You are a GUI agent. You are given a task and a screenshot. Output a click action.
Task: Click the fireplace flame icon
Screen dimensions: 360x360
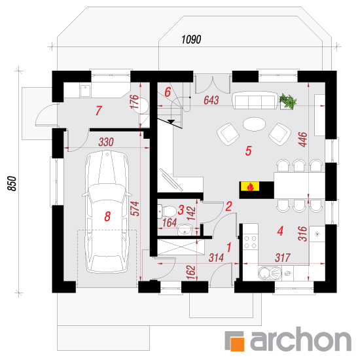coord(250,187)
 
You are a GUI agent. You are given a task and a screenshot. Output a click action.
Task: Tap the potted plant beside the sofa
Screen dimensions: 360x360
coord(287,101)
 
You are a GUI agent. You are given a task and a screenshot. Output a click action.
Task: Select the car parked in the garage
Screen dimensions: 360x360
coord(107,211)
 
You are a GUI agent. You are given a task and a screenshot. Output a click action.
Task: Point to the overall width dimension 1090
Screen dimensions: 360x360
coord(191,39)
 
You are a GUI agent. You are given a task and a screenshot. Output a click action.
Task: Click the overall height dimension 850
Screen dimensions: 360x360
coord(12,183)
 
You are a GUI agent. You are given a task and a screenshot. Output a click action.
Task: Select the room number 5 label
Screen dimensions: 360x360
coord(249,151)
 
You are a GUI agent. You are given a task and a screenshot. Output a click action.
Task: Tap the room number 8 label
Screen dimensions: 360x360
coord(107,216)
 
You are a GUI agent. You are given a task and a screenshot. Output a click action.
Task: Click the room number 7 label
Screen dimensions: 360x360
coord(98,111)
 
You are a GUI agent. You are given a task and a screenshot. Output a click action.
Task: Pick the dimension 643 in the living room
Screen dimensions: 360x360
coord(211,100)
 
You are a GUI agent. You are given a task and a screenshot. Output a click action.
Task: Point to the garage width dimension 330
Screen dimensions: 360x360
coord(106,142)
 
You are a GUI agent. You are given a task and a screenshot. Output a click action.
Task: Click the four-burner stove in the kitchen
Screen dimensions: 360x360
coord(250,242)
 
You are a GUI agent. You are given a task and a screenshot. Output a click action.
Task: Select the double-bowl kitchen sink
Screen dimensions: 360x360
coord(270,273)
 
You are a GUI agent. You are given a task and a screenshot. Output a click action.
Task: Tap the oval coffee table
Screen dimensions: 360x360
coord(254,124)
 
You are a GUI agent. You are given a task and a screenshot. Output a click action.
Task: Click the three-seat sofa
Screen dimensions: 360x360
coord(255,100)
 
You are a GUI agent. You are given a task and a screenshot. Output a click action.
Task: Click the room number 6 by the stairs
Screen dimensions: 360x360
coord(168,92)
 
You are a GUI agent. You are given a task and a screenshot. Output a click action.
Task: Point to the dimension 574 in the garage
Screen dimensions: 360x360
coord(135,208)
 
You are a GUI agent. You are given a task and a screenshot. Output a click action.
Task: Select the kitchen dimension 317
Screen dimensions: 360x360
coord(283,258)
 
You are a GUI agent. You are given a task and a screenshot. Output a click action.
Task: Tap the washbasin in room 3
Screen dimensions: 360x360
coord(185,230)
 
